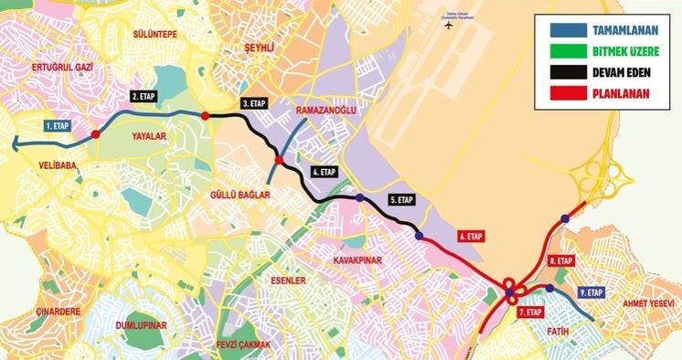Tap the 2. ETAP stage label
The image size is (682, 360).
click(x=145, y=96)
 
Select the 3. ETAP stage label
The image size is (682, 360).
click(x=253, y=104)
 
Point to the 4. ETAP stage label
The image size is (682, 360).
click(x=324, y=171)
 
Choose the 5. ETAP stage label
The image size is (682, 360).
click(x=401, y=199)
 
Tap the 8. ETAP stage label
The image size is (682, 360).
click(x=560, y=260)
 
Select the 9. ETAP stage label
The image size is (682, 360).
click(x=591, y=292)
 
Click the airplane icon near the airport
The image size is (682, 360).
click(x=448, y=25)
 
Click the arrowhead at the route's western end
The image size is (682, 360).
click(x=18, y=141)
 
